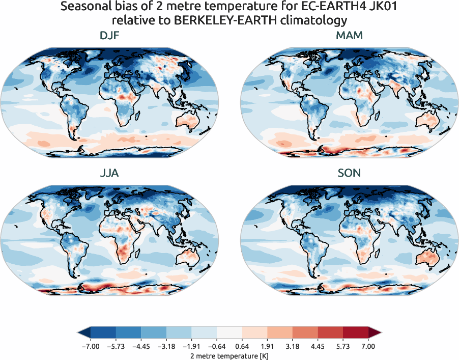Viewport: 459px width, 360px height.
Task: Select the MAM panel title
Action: (349, 36)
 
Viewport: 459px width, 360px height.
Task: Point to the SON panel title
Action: (349, 173)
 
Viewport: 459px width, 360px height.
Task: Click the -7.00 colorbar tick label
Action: (90, 346)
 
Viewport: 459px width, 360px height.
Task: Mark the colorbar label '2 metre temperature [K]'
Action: (229, 355)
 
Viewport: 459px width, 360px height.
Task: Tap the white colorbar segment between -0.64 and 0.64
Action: (229, 333)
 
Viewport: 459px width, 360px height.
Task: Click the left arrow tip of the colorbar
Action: (79, 333)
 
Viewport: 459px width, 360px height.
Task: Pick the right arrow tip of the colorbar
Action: (380, 333)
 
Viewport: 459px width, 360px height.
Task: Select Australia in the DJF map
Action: (190, 120)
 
